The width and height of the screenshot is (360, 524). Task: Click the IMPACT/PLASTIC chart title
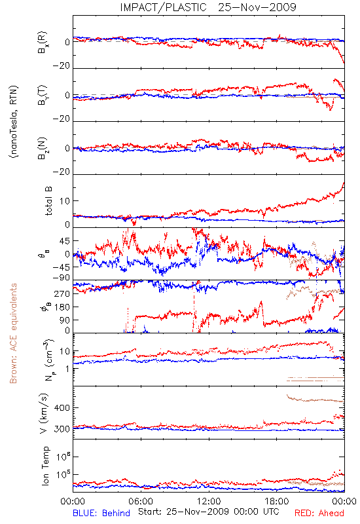(163, 7)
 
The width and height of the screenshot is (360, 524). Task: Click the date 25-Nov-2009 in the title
(257, 7)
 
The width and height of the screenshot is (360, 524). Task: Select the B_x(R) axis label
(43, 43)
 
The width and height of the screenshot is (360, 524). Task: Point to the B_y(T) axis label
(43, 95)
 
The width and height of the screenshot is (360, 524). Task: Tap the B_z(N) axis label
(43, 148)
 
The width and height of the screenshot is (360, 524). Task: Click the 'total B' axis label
(48, 201)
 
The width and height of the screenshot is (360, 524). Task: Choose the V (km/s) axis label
(44, 413)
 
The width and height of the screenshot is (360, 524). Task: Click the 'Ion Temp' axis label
(45, 466)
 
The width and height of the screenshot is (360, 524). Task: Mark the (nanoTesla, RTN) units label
(14, 122)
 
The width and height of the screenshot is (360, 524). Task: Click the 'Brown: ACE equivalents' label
(13, 333)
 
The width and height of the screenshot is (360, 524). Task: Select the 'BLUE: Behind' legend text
(101, 513)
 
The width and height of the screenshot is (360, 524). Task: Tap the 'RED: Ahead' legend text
(319, 513)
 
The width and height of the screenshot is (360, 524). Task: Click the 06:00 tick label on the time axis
(141, 501)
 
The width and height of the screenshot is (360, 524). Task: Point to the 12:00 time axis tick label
(209, 501)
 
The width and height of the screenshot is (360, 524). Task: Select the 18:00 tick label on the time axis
(277, 501)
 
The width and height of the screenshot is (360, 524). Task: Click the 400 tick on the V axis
(62, 407)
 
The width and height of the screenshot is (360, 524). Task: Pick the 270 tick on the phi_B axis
(62, 293)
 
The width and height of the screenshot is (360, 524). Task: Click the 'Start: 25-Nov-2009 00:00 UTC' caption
(209, 512)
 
